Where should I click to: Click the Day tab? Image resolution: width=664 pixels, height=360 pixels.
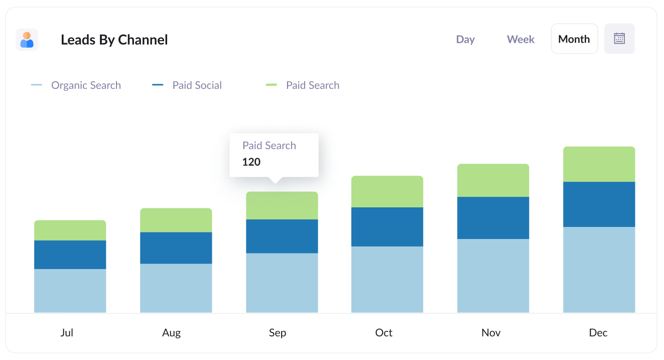(x=465, y=39)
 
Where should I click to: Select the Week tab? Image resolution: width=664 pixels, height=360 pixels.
(x=520, y=39)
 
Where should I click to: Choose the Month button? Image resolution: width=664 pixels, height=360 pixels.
(x=574, y=39)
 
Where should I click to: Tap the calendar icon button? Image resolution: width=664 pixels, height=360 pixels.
(x=619, y=39)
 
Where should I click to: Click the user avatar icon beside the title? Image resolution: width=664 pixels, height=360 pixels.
(x=27, y=40)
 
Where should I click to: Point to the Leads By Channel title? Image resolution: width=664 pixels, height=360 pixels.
(x=114, y=40)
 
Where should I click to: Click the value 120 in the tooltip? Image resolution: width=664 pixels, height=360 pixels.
(x=251, y=162)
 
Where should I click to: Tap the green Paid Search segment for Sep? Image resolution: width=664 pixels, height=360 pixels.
(x=282, y=206)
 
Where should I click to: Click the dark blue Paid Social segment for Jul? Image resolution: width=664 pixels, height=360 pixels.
(x=70, y=255)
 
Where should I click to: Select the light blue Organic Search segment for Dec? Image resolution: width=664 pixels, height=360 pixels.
(x=599, y=270)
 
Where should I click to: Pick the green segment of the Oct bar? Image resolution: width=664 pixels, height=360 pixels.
(x=387, y=192)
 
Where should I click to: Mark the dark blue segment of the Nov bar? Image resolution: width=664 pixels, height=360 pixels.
(x=493, y=218)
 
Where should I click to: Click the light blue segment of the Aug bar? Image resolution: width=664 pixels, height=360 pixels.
(x=176, y=288)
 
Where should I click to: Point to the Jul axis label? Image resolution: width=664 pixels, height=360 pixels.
(x=67, y=332)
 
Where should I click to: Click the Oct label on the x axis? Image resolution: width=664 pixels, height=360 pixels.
(x=384, y=332)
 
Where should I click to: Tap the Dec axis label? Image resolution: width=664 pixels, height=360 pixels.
(x=598, y=332)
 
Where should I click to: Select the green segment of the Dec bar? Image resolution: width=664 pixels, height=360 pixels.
(x=599, y=164)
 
